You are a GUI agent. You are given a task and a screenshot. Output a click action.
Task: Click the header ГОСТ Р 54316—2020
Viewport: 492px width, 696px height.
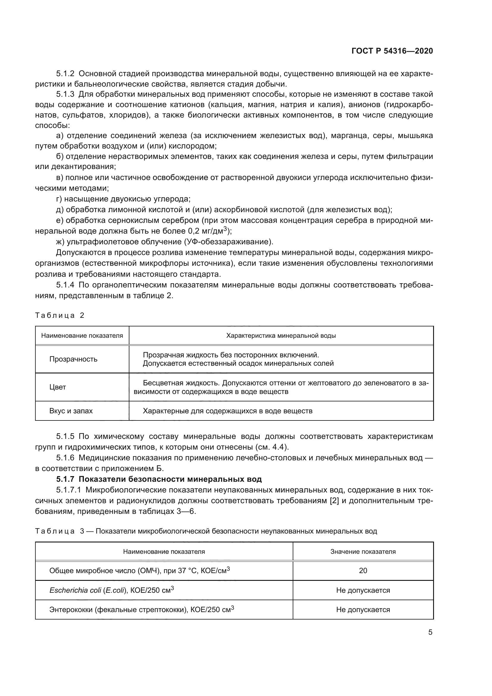coord(392,51)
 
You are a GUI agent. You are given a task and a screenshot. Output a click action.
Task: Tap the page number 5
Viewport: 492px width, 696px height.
coord(430,632)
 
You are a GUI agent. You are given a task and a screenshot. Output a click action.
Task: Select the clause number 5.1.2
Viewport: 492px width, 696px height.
coord(65,74)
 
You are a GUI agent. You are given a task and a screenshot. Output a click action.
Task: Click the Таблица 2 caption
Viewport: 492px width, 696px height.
coord(60,315)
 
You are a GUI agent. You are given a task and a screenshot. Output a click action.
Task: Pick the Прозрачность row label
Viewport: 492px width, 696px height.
coord(73,359)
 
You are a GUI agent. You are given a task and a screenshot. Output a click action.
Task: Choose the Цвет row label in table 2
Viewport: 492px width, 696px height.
coord(58,387)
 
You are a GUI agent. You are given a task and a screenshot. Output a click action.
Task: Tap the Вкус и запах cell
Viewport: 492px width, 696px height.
coord(71,411)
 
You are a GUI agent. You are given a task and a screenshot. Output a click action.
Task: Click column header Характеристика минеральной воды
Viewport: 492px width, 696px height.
coord(281,336)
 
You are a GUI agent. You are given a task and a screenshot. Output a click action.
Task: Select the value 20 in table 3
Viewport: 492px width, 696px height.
coord(363,571)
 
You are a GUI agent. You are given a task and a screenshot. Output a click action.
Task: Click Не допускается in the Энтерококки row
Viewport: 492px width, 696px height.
coord(363,610)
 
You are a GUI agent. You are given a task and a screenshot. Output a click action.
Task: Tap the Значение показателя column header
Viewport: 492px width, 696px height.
coord(363,552)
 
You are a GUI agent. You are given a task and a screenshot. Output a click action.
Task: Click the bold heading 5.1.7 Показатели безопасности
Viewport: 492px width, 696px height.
coord(159,479)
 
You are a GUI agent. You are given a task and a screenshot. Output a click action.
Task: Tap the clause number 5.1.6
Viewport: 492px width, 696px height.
coord(65,458)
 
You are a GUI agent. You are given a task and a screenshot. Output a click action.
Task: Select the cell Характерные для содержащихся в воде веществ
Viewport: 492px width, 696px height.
coord(227,411)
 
